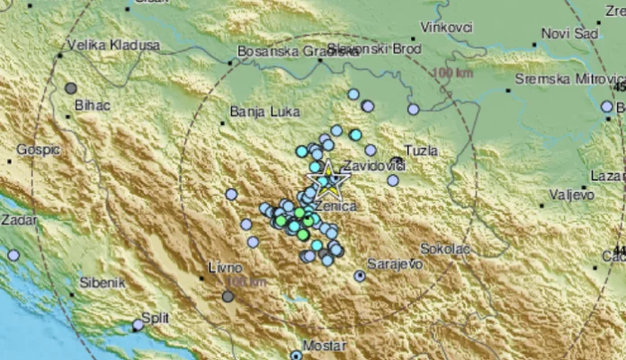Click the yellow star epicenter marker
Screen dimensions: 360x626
pos(330,181)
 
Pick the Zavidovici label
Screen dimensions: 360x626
pos(373,167)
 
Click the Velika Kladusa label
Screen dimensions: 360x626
pos(113,45)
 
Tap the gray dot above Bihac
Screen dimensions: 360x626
pos(71,88)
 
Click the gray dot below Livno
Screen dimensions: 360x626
pos(228,296)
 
